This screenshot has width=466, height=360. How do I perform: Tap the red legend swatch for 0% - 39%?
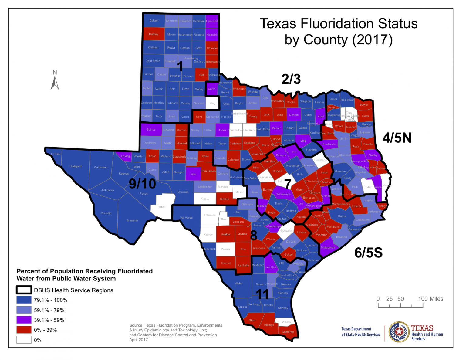(24, 330)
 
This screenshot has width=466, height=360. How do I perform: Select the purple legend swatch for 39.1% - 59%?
(24, 320)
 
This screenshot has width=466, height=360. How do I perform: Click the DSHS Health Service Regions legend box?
(24, 290)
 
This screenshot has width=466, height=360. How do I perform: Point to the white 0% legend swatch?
(24, 340)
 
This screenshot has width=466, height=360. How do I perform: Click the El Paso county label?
(56, 154)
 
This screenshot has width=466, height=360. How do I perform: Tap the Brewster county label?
(132, 220)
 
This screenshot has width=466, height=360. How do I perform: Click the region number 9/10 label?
(142, 184)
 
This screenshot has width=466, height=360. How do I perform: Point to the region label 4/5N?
(397, 138)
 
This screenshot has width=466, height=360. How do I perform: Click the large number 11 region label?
(262, 294)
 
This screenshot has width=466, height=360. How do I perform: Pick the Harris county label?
(342, 216)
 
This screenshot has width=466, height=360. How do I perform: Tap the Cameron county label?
(288, 332)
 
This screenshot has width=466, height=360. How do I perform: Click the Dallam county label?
(154, 21)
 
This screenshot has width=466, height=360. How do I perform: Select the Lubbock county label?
(172, 103)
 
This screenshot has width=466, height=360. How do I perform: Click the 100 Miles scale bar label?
(431, 299)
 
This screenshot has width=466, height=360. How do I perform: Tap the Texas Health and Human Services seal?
(399, 332)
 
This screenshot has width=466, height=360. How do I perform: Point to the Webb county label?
(239, 284)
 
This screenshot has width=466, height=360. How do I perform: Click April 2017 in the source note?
(139, 340)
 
